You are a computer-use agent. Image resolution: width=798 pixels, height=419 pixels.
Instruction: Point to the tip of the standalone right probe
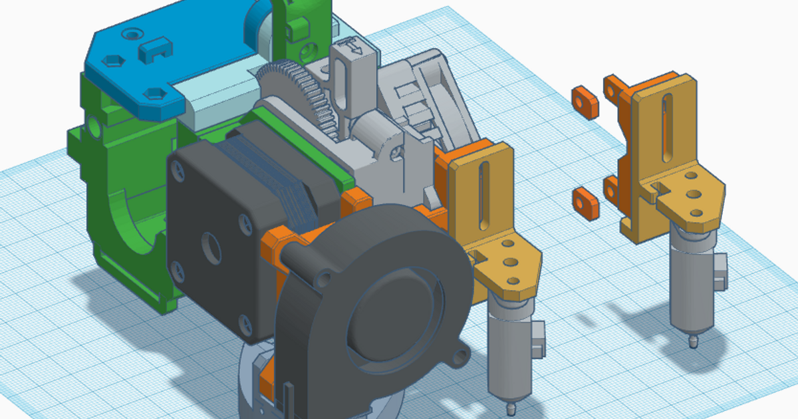694,343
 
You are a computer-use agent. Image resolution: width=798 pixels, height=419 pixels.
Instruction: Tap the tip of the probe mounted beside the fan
511,402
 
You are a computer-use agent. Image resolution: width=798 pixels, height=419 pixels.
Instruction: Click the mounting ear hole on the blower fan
459,360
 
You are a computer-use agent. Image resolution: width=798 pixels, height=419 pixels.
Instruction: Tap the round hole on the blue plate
136,32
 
